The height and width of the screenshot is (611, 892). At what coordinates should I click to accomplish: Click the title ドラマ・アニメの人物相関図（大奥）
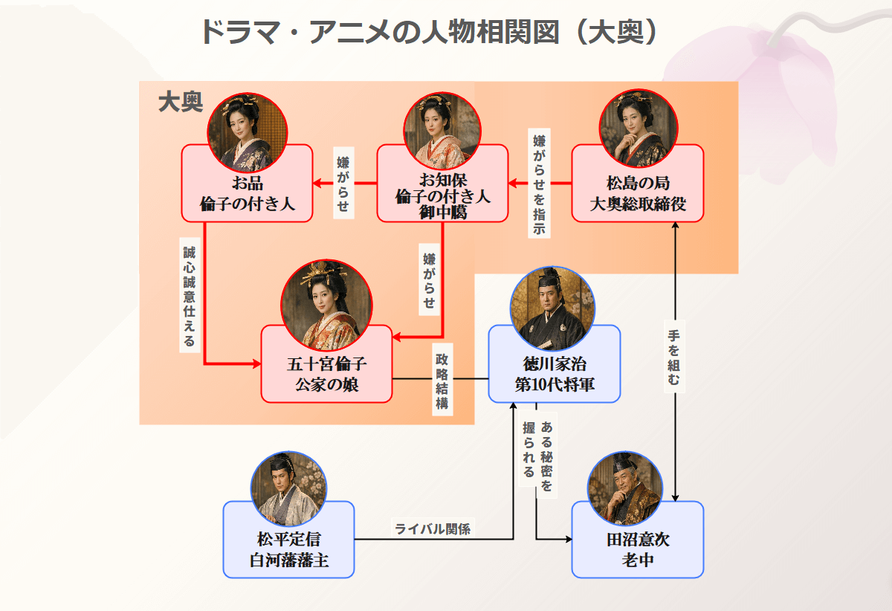point(429,33)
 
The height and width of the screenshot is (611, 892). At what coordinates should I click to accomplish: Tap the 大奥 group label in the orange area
point(180,103)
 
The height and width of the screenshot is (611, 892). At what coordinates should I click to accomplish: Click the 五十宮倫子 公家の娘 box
point(326,374)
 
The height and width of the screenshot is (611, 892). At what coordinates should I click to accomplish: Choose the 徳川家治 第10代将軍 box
point(554,374)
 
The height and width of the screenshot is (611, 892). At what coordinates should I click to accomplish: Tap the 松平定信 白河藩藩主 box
point(288,549)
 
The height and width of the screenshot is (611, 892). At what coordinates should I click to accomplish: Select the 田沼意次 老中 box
point(637,549)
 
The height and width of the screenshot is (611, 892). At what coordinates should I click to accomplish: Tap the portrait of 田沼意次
point(624,488)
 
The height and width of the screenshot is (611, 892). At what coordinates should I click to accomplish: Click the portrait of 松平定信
point(288,488)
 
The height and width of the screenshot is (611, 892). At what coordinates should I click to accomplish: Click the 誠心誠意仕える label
point(189,295)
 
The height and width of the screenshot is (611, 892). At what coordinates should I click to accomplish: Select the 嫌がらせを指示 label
point(539,184)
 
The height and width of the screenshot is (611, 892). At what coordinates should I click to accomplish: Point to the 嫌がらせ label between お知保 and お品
point(343,184)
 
